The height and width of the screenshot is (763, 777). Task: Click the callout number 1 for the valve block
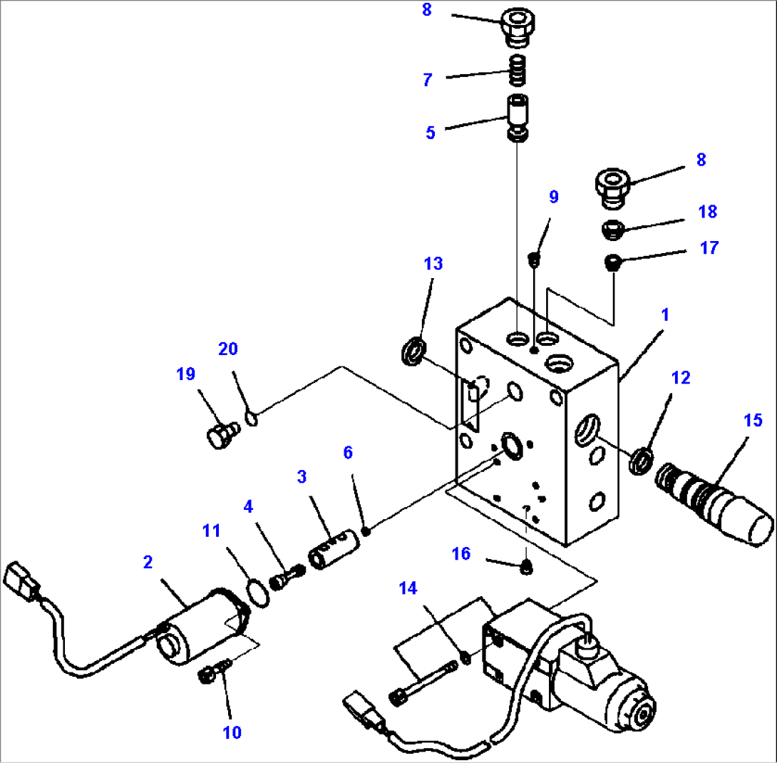pos(664,314)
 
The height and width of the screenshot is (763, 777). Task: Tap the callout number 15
pos(752,421)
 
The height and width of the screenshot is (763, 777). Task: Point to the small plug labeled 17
pos(612,265)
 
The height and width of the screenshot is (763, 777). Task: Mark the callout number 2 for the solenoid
pos(148,563)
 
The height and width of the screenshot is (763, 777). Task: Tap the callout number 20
pos(228,349)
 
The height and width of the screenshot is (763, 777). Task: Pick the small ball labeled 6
pos(366,530)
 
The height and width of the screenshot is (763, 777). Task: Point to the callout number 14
pos(408,588)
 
